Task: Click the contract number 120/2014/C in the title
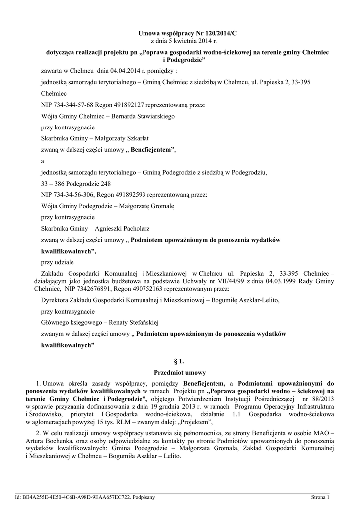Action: click(215, 33)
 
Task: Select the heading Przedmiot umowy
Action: click(180, 372)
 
